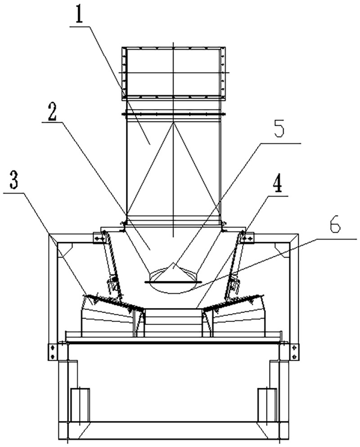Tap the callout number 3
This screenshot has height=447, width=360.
[x=14, y=181]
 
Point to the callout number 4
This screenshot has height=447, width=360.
[x=276, y=185]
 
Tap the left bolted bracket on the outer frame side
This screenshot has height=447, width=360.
[x=52, y=352]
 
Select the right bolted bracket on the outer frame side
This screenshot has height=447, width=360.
[x=294, y=352]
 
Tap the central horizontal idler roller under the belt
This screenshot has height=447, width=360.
[x=173, y=322]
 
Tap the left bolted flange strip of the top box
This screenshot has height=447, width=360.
[x=124, y=73]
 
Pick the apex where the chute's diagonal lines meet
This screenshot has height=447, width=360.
[x=173, y=123]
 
